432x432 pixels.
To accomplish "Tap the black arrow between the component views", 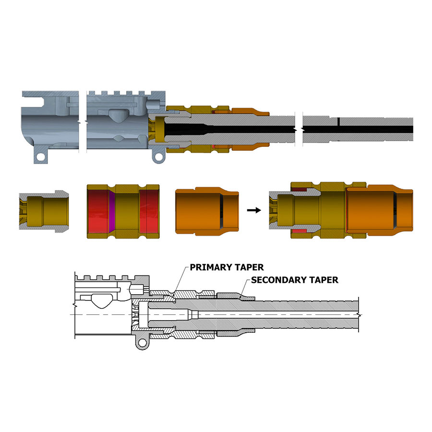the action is pos(254,210).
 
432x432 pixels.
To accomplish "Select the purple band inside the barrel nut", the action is pos(111,211).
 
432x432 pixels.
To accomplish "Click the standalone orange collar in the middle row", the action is pos(207,211).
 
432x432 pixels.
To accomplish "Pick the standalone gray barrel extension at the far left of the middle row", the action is pos(44,211).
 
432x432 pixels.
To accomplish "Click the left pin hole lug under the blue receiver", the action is pos(41,156).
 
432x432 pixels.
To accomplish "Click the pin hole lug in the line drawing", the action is pos(142,342).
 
